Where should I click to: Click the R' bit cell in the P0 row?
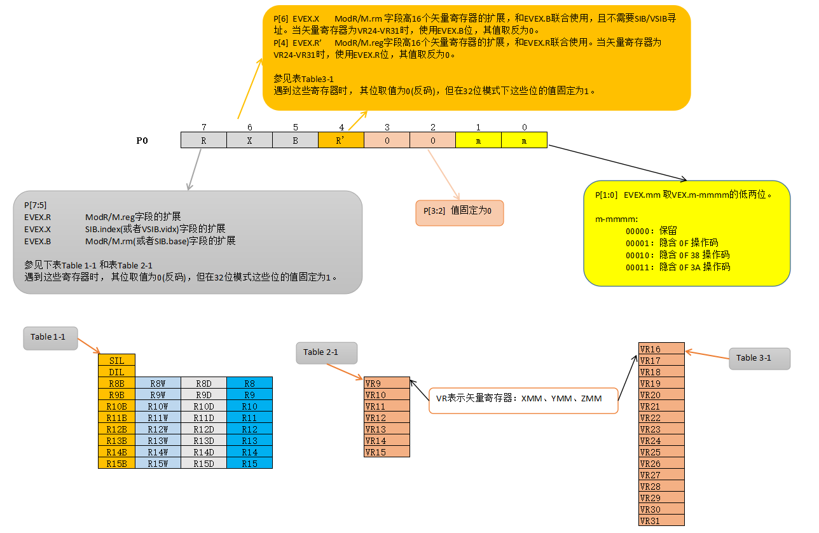341,140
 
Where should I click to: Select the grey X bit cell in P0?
249,140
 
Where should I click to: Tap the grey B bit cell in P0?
295,140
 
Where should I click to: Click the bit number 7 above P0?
203,127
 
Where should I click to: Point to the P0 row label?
142,141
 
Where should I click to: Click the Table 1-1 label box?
50,337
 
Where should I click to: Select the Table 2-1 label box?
326,352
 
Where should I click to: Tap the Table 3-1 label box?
759,358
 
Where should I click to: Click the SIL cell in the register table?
116,361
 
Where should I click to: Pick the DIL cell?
116,371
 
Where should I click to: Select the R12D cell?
203,429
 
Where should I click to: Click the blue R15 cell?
249,464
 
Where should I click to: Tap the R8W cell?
158,384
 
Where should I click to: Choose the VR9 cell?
387,384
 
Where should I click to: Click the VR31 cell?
661,521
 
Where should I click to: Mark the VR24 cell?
661,441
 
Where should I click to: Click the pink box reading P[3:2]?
459,211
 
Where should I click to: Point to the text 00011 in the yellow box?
640,267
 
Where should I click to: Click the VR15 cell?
387,452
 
